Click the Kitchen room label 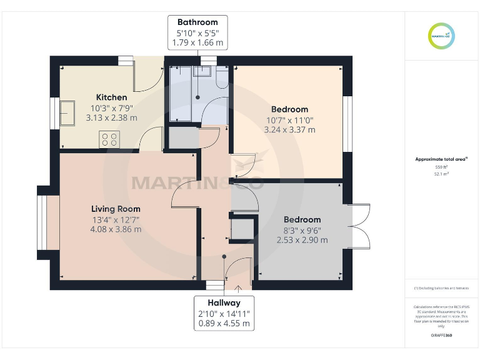[x=111, y=97]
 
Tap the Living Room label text [x=116, y=209]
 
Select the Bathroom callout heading [x=197, y=22]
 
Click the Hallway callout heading [x=224, y=302]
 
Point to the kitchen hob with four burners [x=109, y=139]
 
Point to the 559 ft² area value [x=442, y=167]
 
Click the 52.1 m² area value [x=442, y=174]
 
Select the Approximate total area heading [x=441, y=159]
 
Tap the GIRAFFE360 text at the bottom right [x=442, y=336]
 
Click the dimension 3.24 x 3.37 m [x=289, y=130]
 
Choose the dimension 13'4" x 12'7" [x=116, y=219]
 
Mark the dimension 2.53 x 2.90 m [x=302, y=240]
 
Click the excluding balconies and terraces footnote [x=442, y=288]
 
